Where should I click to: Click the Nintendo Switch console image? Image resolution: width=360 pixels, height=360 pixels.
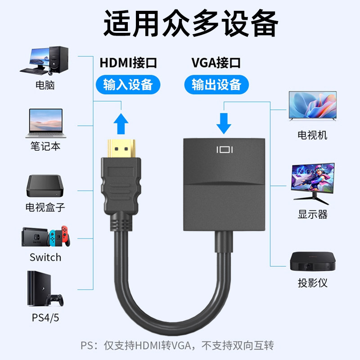pyautogui.click(x=45, y=237)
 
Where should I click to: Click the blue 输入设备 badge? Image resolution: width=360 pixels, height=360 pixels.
pyautogui.click(x=128, y=84)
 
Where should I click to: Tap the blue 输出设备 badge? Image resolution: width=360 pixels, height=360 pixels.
pyautogui.click(x=216, y=84)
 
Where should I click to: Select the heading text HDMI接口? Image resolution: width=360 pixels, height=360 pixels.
pyautogui.click(x=128, y=63)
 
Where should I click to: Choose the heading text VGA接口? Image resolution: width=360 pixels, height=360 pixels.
pyautogui.click(x=216, y=63)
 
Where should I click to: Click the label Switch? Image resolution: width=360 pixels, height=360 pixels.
pyautogui.click(x=45, y=258)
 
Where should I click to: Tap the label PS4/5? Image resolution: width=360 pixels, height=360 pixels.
pyautogui.click(x=45, y=317)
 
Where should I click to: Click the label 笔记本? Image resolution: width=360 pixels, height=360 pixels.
pyautogui.click(x=45, y=146)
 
